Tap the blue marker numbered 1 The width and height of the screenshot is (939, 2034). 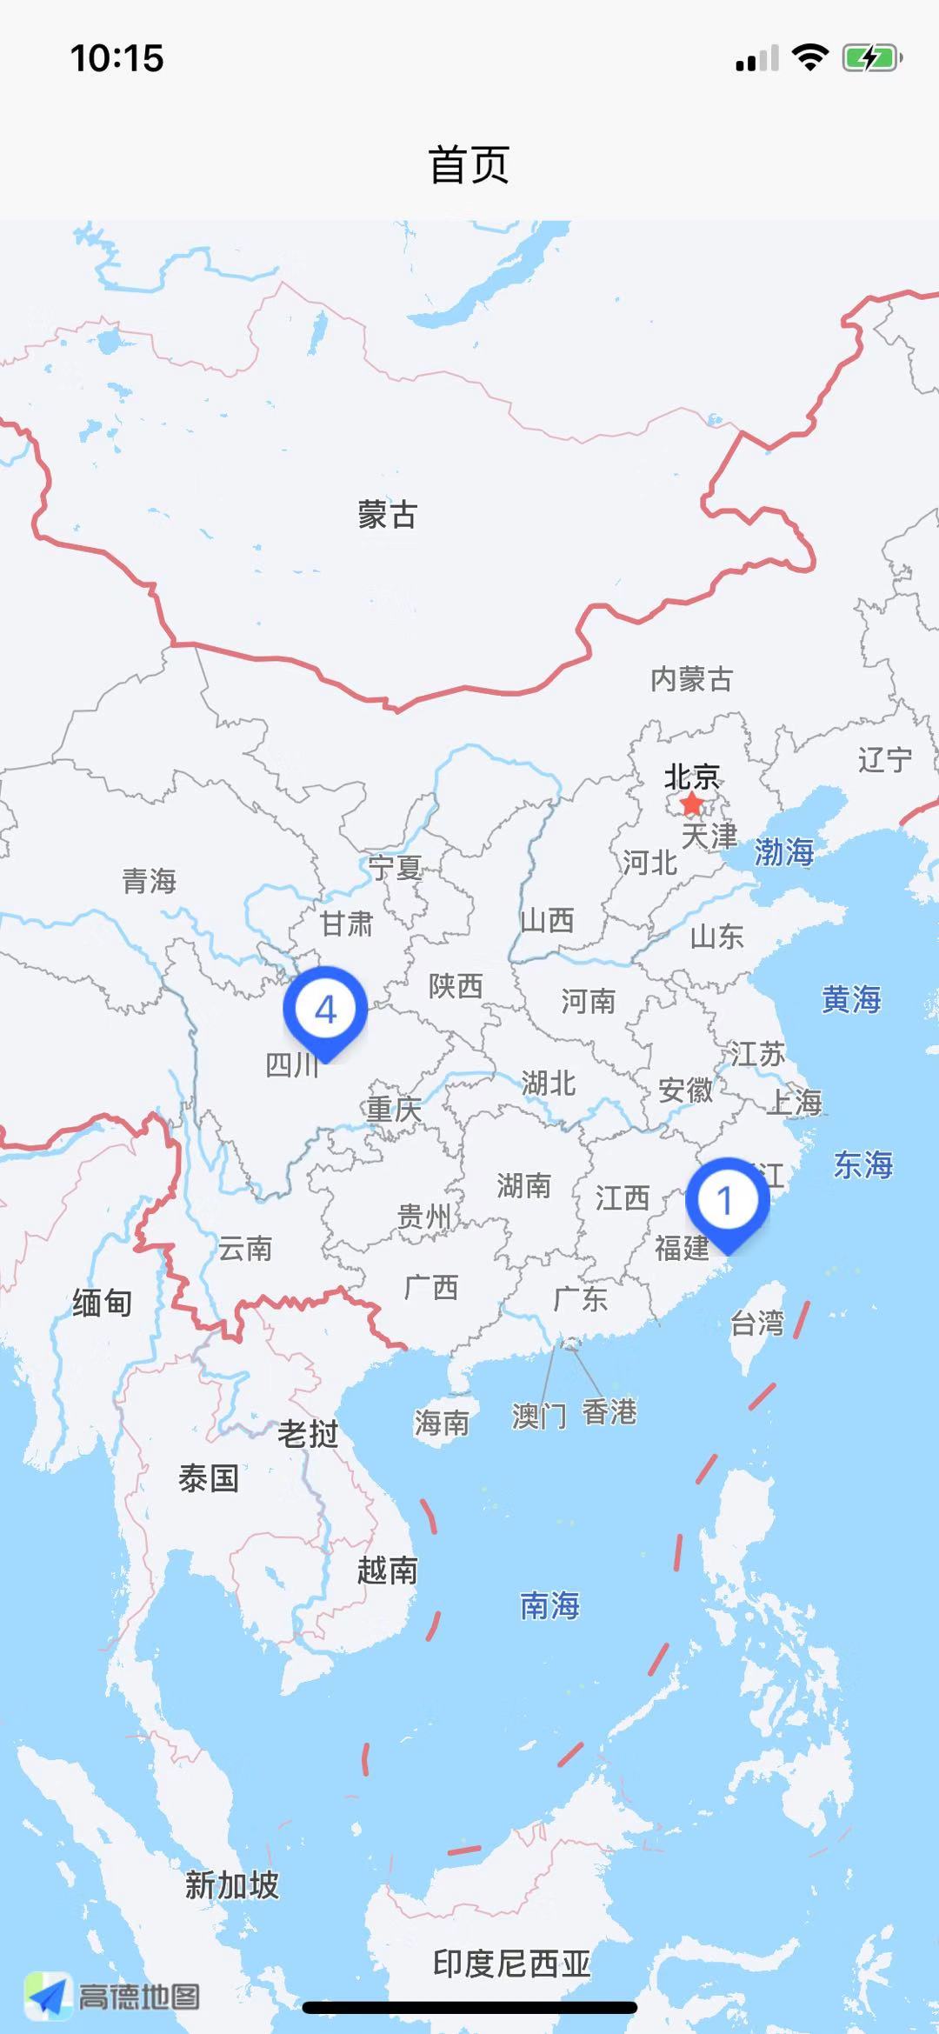[x=727, y=1201]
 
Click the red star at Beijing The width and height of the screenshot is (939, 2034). [x=691, y=804]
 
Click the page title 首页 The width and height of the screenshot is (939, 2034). [x=469, y=165]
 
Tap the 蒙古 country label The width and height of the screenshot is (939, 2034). [x=388, y=515]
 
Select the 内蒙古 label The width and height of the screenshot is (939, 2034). [x=692, y=679]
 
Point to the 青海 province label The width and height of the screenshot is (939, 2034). [x=150, y=881]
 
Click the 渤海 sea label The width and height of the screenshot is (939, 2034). [x=783, y=851]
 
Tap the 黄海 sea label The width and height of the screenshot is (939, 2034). [x=851, y=999]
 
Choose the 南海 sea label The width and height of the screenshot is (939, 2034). [x=549, y=1605]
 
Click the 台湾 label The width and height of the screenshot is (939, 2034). [x=757, y=1324]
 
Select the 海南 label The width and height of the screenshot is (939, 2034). [x=442, y=1424]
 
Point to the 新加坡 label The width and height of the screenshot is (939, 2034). [x=232, y=1885]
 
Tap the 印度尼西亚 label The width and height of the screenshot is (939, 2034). [x=512, y=1964]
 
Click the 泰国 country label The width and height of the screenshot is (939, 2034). [x=209, y=1478]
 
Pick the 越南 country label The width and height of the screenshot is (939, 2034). [x=388, y=1571]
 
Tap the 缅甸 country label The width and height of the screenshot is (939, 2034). [x=103, y=1303]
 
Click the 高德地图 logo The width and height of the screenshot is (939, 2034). [x=113, y=1997]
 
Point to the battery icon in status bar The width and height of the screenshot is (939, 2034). [x=871, y=59]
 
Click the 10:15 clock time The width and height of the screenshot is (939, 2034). [x=117, y=59]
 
